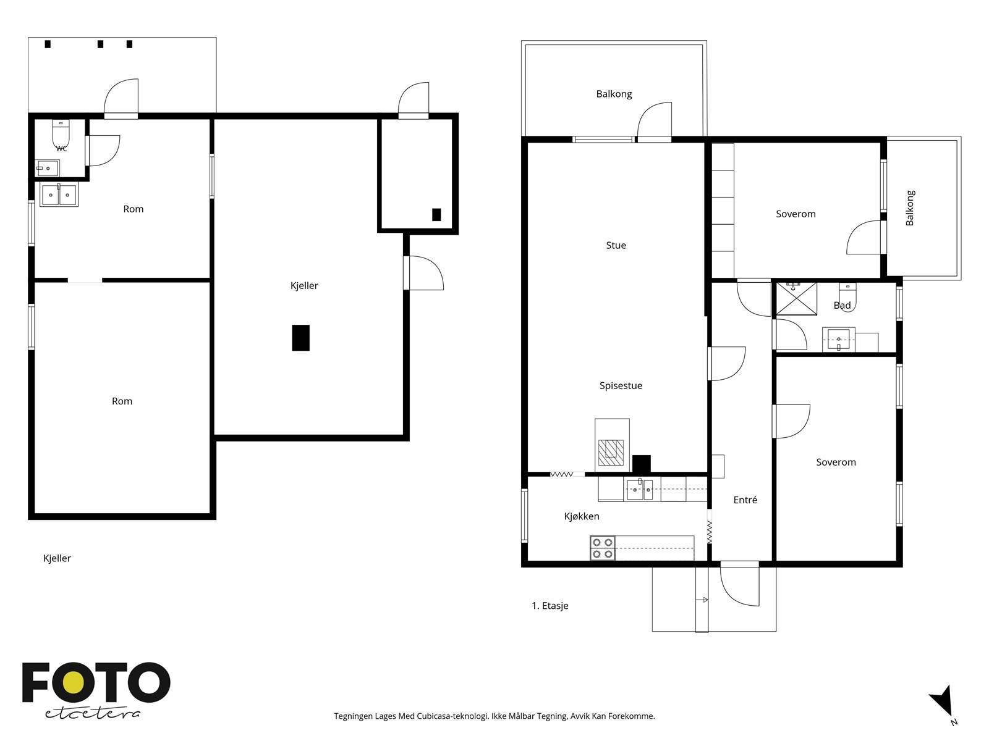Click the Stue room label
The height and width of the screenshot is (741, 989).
tap(616, 245)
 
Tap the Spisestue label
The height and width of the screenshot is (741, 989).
tap(621, 385)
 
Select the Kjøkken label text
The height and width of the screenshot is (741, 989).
tap(581, 516)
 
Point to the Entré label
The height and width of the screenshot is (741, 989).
tap(745, 500)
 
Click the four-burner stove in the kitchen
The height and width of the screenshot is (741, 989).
tap(603, 548)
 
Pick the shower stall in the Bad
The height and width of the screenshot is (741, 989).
tap(796, 299)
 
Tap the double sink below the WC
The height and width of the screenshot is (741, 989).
tap(59, 195)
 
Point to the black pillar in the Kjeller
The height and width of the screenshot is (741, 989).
tap(300, 337)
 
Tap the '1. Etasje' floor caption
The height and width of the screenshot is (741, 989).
tap(550, 606)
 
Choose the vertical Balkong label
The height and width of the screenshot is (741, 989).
tap(910, 208)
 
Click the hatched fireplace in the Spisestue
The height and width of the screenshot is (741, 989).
tap(611, 453)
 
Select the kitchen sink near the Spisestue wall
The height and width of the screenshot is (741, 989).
tap(640, 490)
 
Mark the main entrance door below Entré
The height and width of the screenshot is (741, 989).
tap(739, 584)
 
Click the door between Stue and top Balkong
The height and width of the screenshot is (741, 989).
tap(654, 122)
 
